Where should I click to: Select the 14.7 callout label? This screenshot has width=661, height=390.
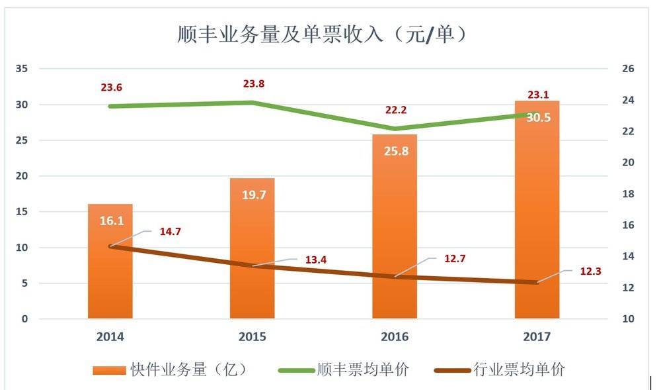coord(170,232)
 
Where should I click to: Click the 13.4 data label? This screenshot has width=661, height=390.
coord(315,260)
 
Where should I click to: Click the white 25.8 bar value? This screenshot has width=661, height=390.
coord(395,151)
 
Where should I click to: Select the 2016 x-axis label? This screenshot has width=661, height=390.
coord(395,337)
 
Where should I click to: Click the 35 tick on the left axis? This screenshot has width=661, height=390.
coord(22,69)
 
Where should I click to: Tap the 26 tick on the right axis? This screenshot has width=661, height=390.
coord(628,69)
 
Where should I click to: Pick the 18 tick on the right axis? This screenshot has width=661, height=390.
coord(628,194)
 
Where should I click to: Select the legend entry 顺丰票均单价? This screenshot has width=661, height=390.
coord(344,369)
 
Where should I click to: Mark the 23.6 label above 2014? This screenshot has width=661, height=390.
coord(112,87)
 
